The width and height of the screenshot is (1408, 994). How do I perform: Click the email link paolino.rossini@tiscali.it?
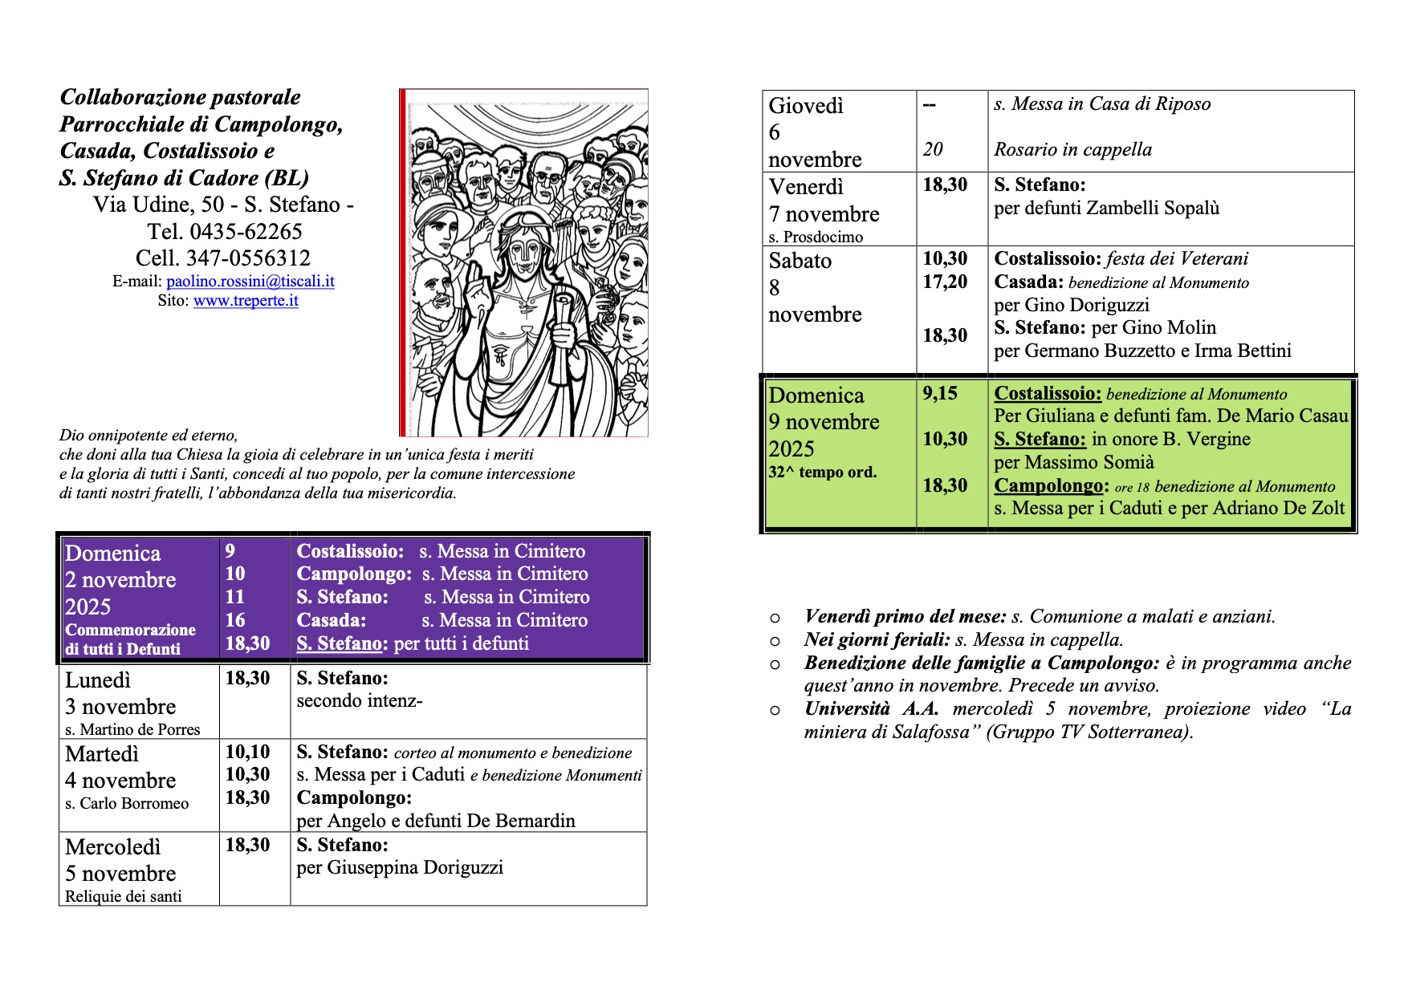(x=250, y=282)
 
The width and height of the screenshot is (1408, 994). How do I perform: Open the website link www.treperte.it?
(x=246, y=301)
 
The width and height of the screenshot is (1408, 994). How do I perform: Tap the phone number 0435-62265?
(x=246, y=232)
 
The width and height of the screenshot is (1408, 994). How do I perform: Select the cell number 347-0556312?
(x=248, y=258)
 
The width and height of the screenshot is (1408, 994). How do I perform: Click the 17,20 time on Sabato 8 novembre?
(x=945, y=282)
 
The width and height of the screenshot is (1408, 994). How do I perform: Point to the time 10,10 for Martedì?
(x=247, y=752)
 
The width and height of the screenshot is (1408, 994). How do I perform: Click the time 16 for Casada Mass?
(x=235, y=620)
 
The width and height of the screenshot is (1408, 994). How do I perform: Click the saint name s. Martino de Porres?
(x=132, y=730)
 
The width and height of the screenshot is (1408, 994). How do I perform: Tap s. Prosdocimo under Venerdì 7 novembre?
(x=816, y=237)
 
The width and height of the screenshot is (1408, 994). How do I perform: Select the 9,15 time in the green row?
(x=940, y=393)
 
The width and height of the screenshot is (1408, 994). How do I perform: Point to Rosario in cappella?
(x=1072, y=150)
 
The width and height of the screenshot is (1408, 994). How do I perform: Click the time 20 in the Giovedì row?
(x=933, y=150)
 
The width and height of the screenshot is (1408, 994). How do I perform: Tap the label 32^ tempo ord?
(x=822, y=473)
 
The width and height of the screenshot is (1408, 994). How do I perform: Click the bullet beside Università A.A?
(x=775, y=710)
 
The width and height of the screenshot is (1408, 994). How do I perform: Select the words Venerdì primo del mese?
(x=905, y=617)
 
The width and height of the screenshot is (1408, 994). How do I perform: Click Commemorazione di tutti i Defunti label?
(x=130, y=639)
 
